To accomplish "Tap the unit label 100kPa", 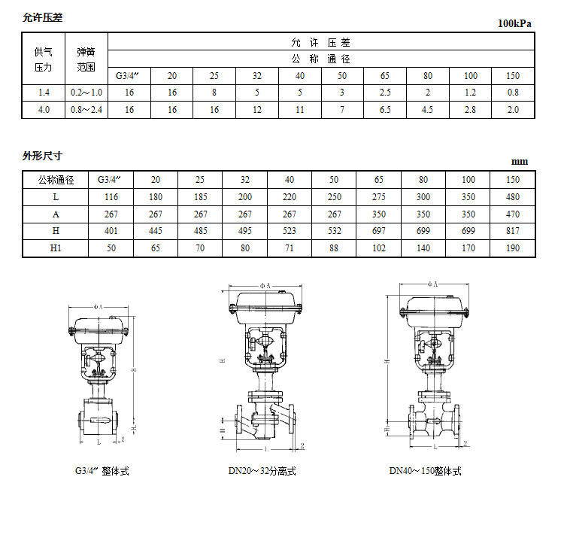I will click(x=514, y=23).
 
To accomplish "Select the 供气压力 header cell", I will click(x=44, y=59).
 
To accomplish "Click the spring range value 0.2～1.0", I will click(x=86, y=92).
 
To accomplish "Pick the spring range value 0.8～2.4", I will click(x=86, y=110).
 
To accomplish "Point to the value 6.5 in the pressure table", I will click(x=385, y=110).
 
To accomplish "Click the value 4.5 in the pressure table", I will click(x=428, y=110).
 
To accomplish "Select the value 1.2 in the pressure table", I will click(x=471, y=92).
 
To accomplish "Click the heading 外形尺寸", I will click(x=42, y=156).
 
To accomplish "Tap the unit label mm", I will click(x=520, y=162).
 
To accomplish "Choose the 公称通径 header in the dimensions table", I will click(x=56, y=180).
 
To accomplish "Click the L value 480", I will click(x=513, y=197).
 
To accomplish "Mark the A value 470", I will click(x=513, y=214).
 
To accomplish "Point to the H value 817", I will click(x=513, y=232).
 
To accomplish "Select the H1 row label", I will click(x=56, y=249).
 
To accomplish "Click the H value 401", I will click(x=111, y=232).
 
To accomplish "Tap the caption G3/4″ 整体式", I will click(x=102, y=471).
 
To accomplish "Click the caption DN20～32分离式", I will click(x=262, y=471).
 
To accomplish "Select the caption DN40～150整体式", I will click(x=425, y=471).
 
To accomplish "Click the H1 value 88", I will click(x=334, y=249).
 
